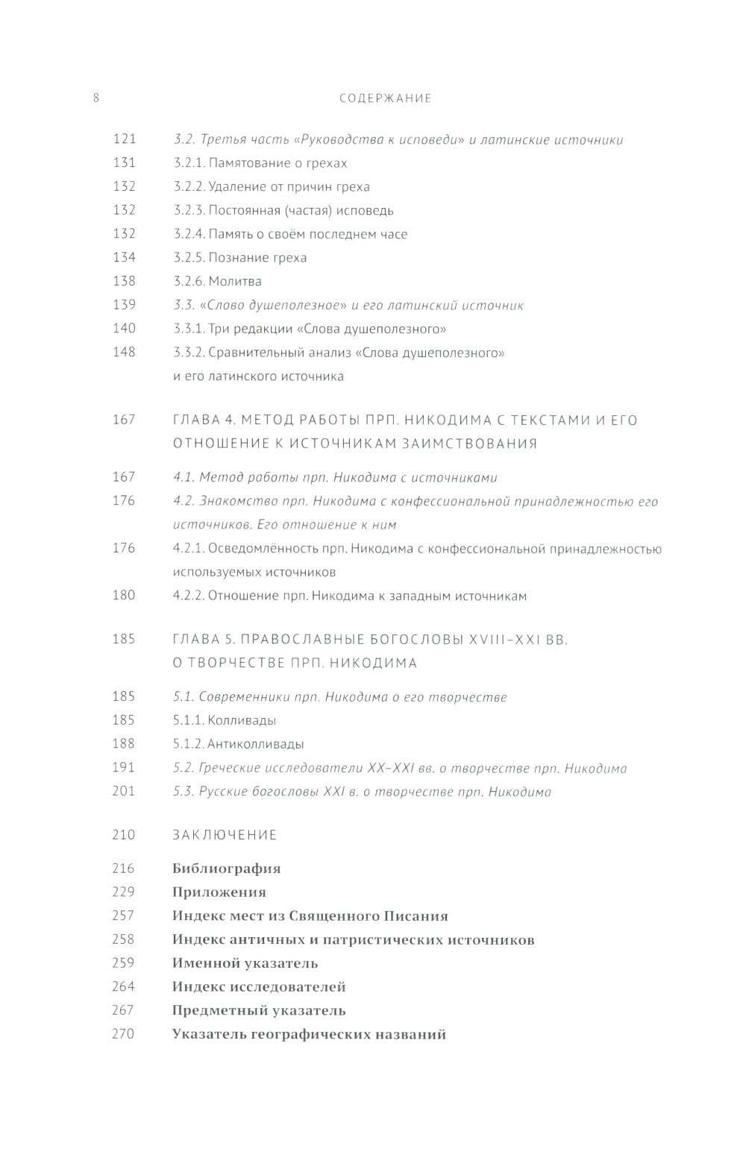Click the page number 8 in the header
pyautogui.click(x=96, y=98)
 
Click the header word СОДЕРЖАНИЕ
pyautogui.click(x=385, y=98)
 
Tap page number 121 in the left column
pyautogui.click(x=124, y=139)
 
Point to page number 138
pyautogui.click(x=124, y=281)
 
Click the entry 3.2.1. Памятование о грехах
pyautogui.click(x=260, y=163)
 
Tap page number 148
pyautogui.click(x=124, y=352)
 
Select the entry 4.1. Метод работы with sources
pyautogui.click(x=335, y=477)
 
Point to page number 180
pyautogui.click(x=124, y=595)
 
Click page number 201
pyautogui.click(x=124, y=791)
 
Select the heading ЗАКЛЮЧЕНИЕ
pyautogui.click(x=225, y=835)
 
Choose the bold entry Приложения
pyautogui.click(x=219, y=892)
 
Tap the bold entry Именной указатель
pyautogui.click(x=245, y=963)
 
